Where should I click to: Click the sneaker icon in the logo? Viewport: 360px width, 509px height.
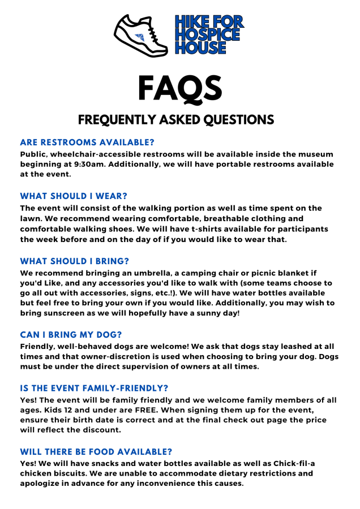click(141, 35)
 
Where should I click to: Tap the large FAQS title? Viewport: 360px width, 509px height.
click(180, 88)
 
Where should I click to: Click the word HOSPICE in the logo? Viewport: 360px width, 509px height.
click(207, 35)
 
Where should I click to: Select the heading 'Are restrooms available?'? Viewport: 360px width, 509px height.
click(87, 142)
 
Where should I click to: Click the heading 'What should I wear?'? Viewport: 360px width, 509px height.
click(74, 196)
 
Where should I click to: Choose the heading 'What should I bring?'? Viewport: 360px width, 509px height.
click(75, 261)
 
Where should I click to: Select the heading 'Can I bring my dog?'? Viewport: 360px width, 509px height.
click(71, 335)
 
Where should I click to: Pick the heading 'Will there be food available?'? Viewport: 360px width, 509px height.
click(97, 451)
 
